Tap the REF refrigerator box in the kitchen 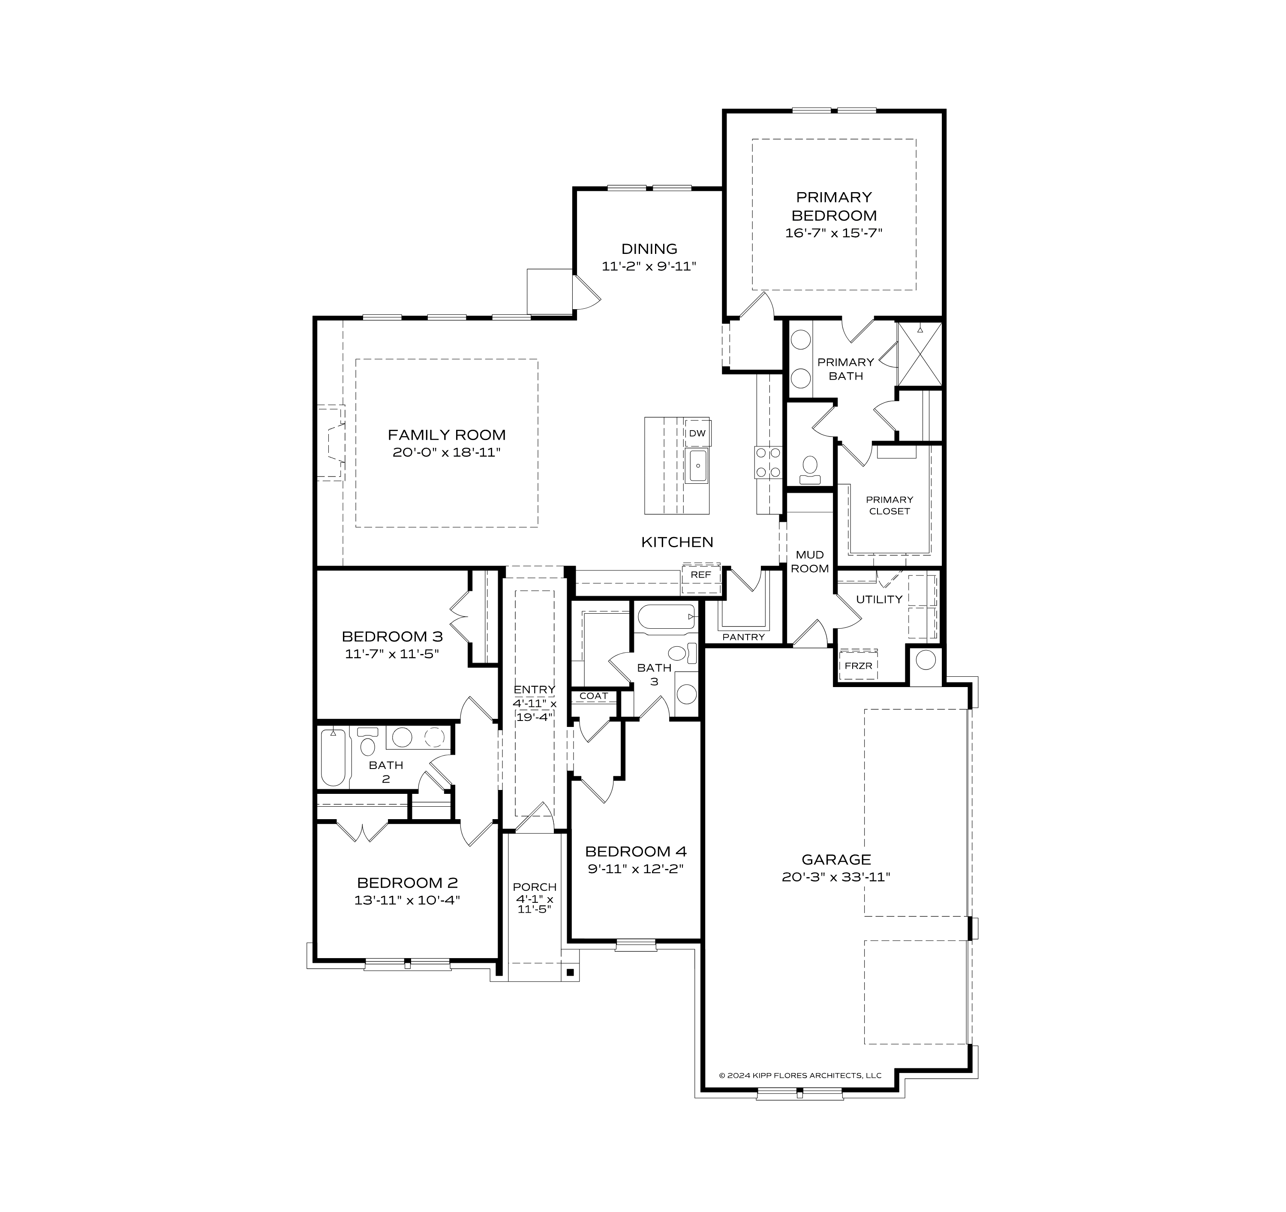coord(700,575)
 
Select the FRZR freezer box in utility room coord(859,666)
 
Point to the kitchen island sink coord(697,466)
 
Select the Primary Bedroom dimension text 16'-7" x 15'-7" coord(834,233)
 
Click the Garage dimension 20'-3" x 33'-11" coord(836,877)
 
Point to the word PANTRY coord(743,637)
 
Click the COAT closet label coord(593,696)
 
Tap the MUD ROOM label coord(809,562)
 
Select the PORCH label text coord(534,886)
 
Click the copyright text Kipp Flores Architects coord(800,1076)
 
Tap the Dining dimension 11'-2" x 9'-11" coord(649,266)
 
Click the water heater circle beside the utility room coord(925,660)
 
